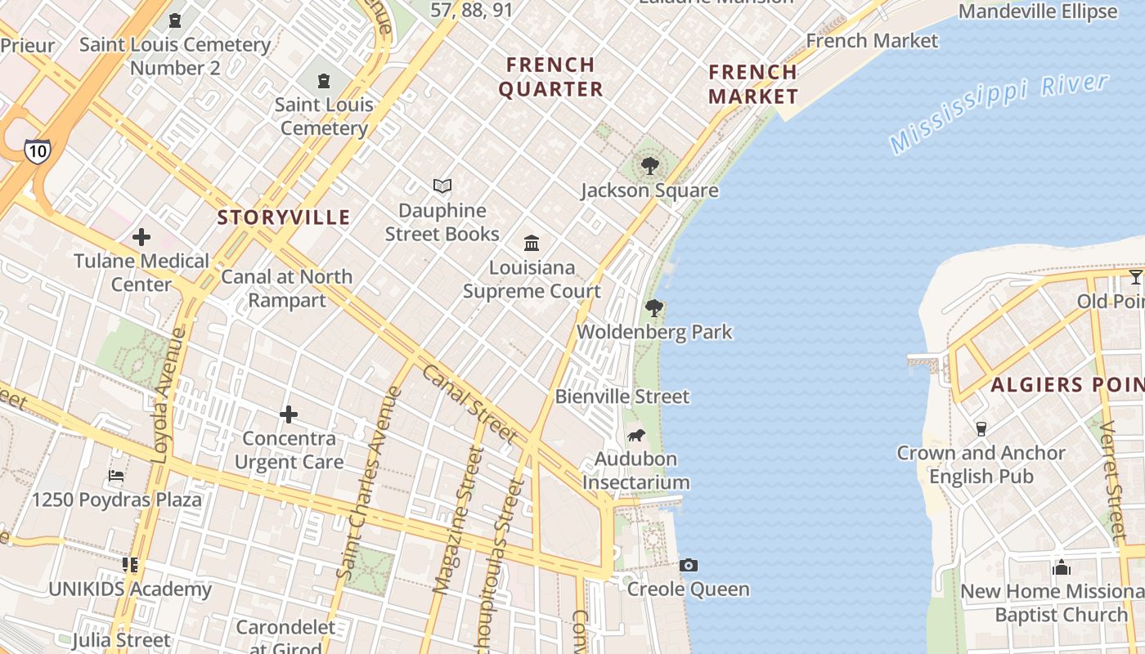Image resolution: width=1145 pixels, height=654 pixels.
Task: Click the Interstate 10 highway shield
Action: (x=37, y=150)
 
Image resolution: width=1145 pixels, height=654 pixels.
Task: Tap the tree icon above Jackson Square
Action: (x=650, y=167)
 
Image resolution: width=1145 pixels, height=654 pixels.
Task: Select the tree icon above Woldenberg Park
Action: (x=653, y=308)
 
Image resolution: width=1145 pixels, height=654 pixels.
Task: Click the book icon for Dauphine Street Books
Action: (x=442, y=186)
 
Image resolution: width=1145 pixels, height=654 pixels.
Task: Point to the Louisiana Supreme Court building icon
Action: (x=532, y=244)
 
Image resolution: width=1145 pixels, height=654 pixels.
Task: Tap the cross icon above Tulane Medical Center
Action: (x=141, y=238)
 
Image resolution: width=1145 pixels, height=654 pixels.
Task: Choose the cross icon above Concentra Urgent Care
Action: (x=289, y=415)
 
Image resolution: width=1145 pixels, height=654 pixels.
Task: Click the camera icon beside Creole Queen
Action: (x=689, y=566)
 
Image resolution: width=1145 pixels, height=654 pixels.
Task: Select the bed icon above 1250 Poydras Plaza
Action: (x=116, y=476)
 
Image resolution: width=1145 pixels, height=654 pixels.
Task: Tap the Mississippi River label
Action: (x=999, y=112)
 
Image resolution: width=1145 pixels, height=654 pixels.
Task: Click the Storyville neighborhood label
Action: (x=284, y=217)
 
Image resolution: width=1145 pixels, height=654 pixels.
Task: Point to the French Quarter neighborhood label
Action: (x=551, y=76)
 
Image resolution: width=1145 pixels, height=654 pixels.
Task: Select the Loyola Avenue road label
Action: (x=168, y=396)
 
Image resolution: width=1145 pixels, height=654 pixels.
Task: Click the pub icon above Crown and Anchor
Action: (x=981, y=428)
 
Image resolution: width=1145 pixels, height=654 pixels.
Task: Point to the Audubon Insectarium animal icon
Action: (x=635, y=435)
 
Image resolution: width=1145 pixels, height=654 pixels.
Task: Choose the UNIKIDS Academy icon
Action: (x=130, y=565)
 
